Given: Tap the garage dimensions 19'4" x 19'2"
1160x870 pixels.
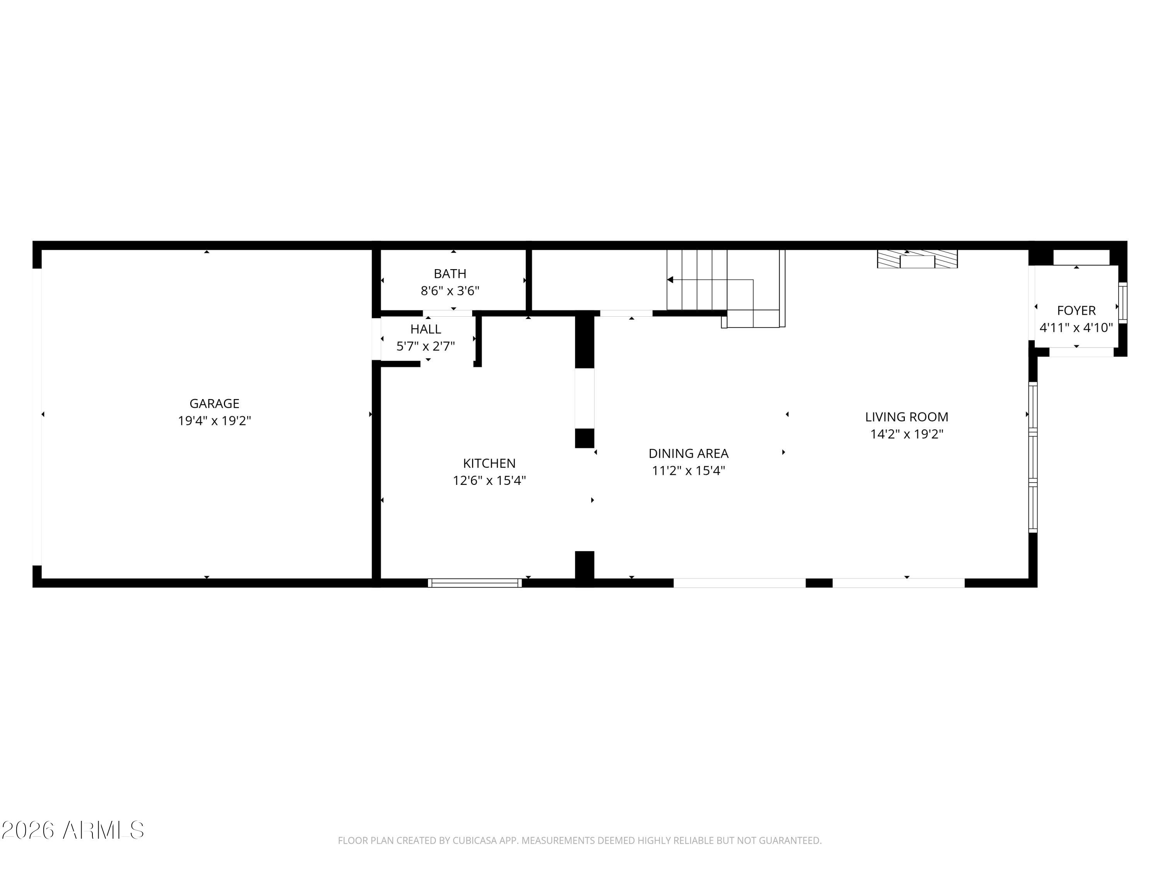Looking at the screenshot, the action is (215, 421).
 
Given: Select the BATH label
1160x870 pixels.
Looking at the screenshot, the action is (450, 273).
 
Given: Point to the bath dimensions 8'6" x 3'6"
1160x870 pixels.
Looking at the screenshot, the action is (450, 290).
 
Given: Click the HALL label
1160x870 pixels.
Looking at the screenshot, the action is (426, 329).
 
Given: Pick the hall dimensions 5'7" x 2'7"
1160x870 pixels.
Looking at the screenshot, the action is (426, 346).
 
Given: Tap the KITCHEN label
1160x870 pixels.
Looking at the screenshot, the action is (489, 463).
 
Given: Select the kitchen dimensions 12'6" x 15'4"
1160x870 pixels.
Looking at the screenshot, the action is (489, 480).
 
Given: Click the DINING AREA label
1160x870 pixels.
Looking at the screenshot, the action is (689, 453).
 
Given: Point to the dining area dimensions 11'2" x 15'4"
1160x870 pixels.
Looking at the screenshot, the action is (689, 471).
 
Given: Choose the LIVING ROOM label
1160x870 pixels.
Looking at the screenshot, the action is (907, 417).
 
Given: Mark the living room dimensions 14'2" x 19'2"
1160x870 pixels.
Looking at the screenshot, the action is (907, 434).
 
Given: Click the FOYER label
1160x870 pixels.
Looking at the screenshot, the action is (1076, 310).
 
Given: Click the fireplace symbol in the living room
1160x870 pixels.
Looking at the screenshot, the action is (917, 259).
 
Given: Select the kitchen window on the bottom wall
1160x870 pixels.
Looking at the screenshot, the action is (474, 583).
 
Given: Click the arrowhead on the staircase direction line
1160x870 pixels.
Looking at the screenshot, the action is (670, 280).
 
